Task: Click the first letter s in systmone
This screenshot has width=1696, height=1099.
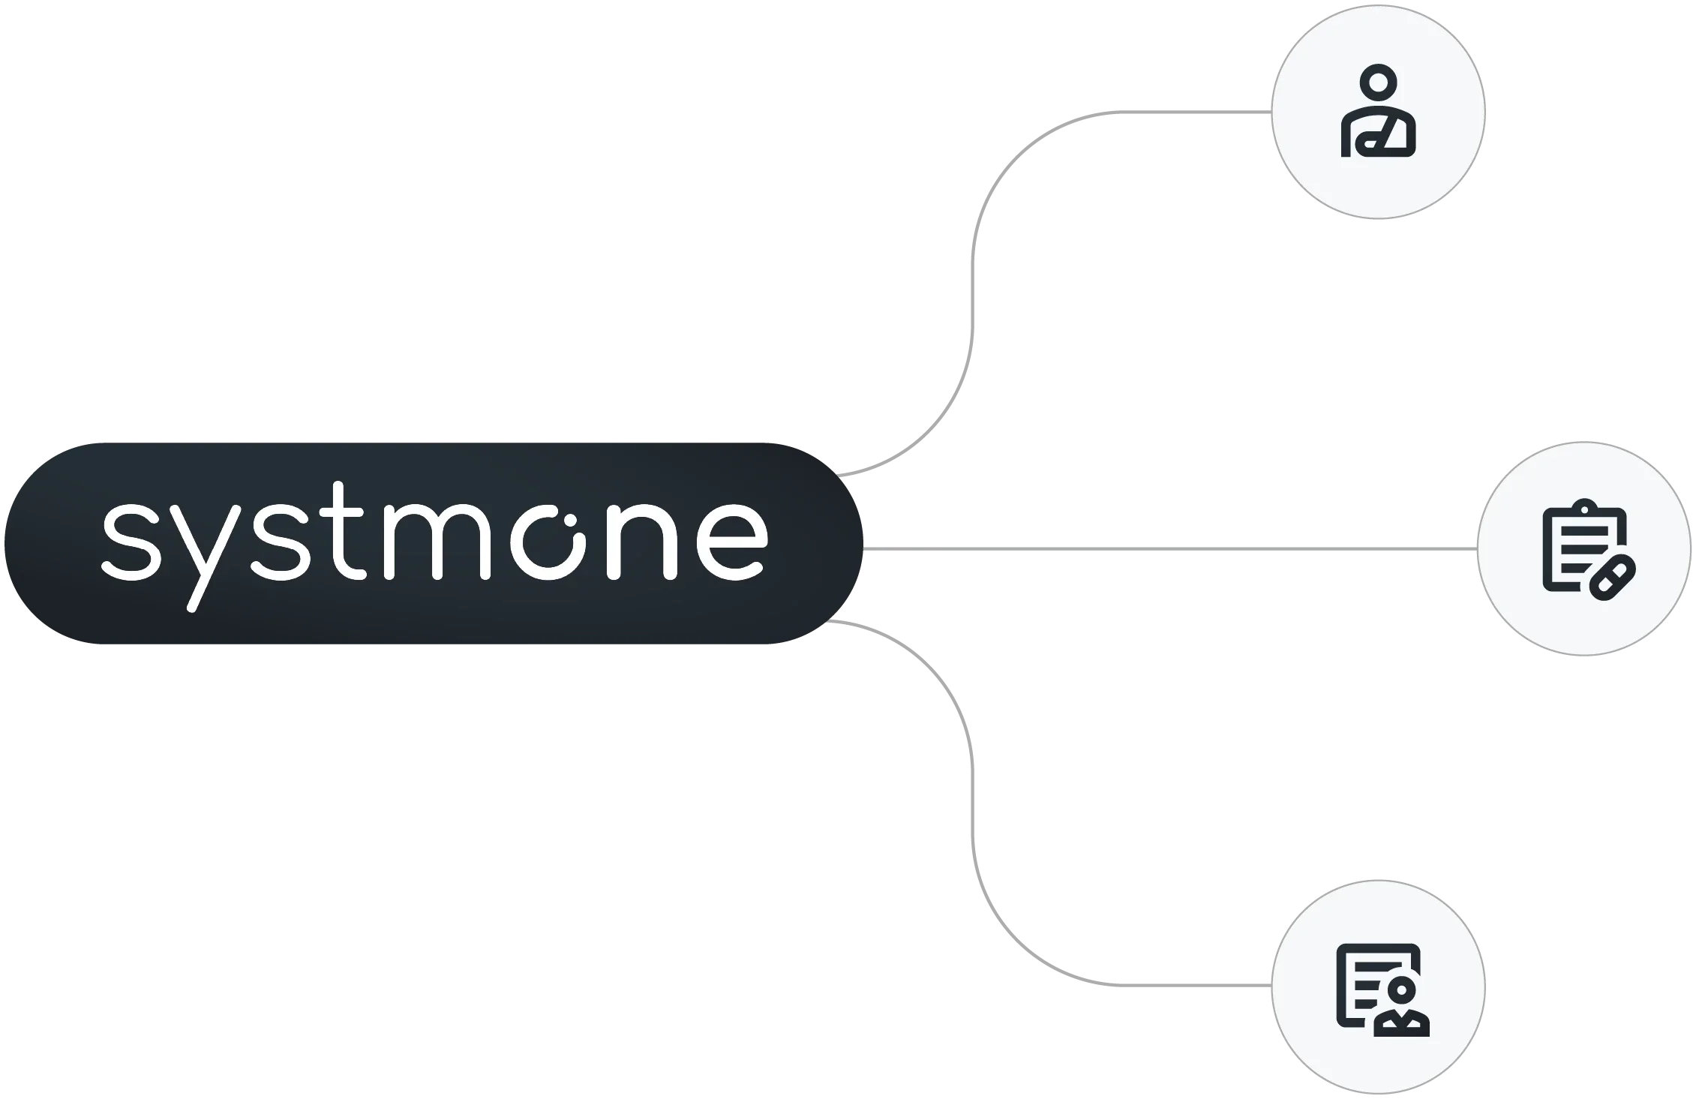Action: pos(132,541)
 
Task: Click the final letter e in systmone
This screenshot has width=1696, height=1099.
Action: pos(732,541)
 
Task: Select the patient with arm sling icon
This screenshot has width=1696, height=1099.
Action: pos(1379,113)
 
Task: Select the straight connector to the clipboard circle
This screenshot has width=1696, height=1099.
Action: pos(1170,549)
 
